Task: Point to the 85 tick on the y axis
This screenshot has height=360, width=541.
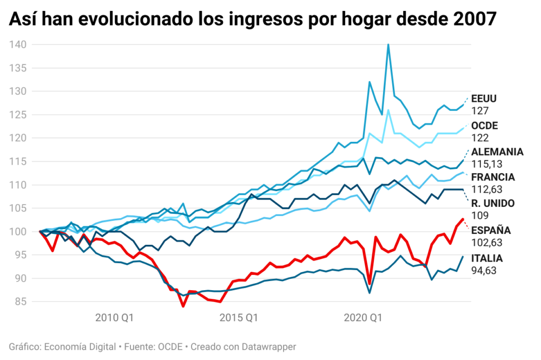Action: pyautogui.click(x=20, y=302)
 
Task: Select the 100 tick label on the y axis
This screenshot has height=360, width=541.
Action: pyautogui.click(x=18, y=232)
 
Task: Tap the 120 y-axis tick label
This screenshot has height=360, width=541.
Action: pyautogui.click(x=18, y=138)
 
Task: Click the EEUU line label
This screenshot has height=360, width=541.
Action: pyautogui.click(x=484, y=99)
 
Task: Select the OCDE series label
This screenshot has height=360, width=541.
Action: pyautogui.click(x=484, y=126)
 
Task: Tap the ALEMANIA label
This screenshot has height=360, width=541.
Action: pyautogui.click(x=497, y=152)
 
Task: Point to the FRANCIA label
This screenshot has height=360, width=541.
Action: pyautogui.click(x=493, y=178)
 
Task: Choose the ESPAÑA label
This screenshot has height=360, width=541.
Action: pyautogui.click(x=491, y=231)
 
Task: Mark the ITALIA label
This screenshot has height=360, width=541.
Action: pyautogui.click(x=487, y=258)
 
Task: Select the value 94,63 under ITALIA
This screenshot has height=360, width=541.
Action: pyautogui.click(x=485, y=270)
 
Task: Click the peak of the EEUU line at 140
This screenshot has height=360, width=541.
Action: pyautogui.click(x=388, y=44)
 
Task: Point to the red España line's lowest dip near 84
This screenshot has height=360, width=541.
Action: pyautogui.click(x=183, y=306)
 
